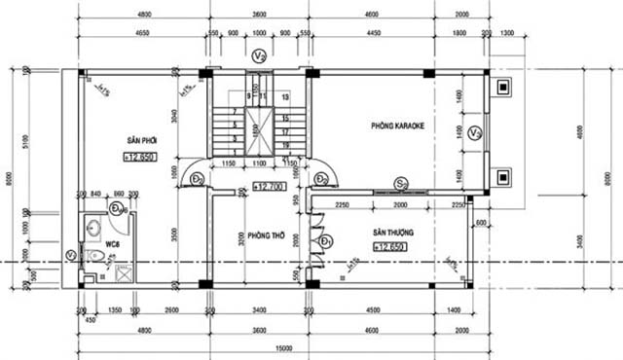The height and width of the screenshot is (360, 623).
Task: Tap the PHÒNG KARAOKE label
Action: point(399,126)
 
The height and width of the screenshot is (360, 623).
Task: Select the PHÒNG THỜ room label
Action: point(264,235)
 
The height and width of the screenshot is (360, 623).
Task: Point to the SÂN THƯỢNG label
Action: point(392,234)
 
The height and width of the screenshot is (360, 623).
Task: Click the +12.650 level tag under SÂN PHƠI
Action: point(141,157)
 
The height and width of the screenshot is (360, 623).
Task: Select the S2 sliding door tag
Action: point(400,182)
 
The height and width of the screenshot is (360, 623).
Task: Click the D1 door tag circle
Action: point(327,240)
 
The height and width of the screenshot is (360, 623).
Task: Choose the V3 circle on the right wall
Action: point(474,133)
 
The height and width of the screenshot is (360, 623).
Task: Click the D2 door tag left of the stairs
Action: point(197,179)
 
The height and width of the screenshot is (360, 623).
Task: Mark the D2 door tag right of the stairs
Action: point(321,179)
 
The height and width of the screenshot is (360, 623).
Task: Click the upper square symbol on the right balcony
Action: point(503,88)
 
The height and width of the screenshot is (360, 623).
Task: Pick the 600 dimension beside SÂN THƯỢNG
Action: point(479,224)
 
